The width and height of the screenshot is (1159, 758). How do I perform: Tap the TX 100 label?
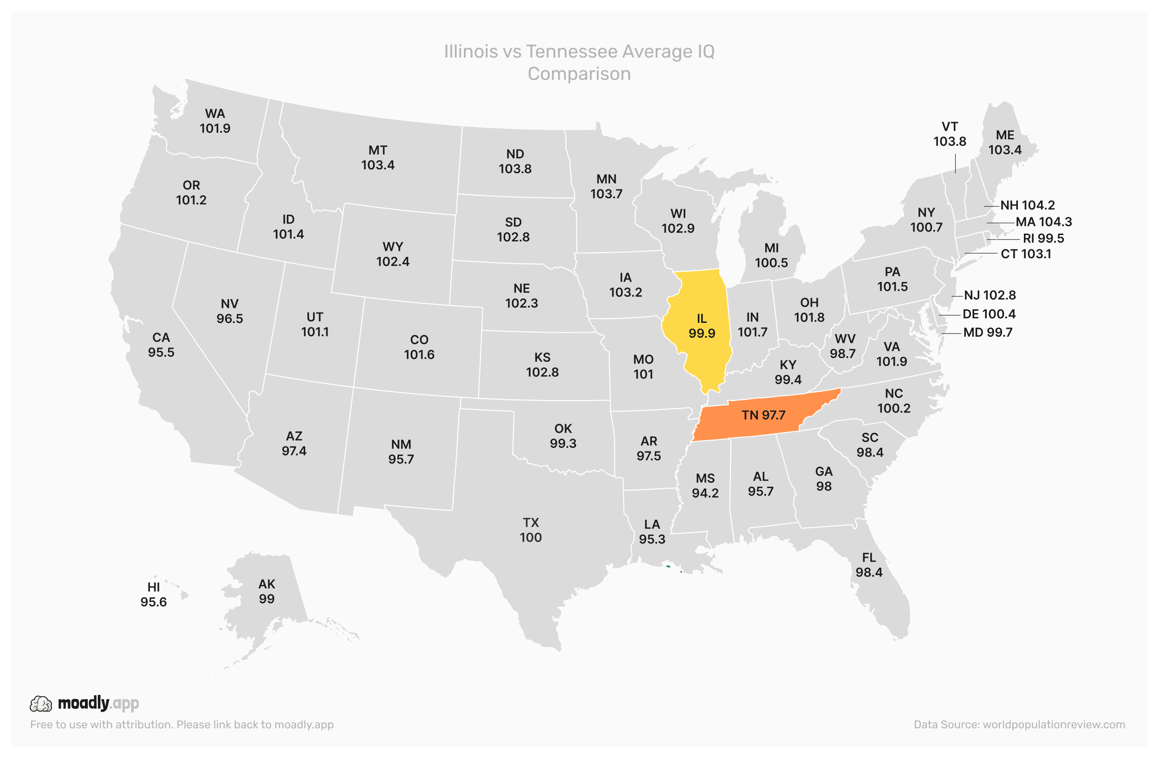tap(530, 530)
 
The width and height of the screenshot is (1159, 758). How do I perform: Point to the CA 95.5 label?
tap(161, 345)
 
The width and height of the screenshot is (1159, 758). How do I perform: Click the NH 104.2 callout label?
tap(1027, 205)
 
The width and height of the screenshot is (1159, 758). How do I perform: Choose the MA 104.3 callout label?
tap(1043, 222)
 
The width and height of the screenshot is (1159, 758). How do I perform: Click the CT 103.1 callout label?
tap(1026, 254)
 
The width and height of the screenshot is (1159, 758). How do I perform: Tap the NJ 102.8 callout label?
tap(990, 295)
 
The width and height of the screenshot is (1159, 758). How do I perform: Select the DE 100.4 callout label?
tap(989, 314)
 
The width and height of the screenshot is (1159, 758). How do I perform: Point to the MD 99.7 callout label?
tap(988, 332)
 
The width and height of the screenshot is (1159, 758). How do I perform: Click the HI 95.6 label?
tap(153, 595)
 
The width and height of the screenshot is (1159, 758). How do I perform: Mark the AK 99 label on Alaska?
tap(267, 591)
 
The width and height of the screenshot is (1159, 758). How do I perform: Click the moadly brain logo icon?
tap(41, 704)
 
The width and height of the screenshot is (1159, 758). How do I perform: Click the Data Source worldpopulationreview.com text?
tap(1019, 725)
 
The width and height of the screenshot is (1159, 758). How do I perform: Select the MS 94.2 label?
tap(705, 486)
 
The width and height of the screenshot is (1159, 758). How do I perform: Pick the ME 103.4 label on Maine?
tap(1005, 142)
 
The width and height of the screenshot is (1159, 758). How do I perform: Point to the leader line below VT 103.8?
tap(955, 163)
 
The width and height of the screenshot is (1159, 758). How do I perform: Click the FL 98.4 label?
tap(869, 565)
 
